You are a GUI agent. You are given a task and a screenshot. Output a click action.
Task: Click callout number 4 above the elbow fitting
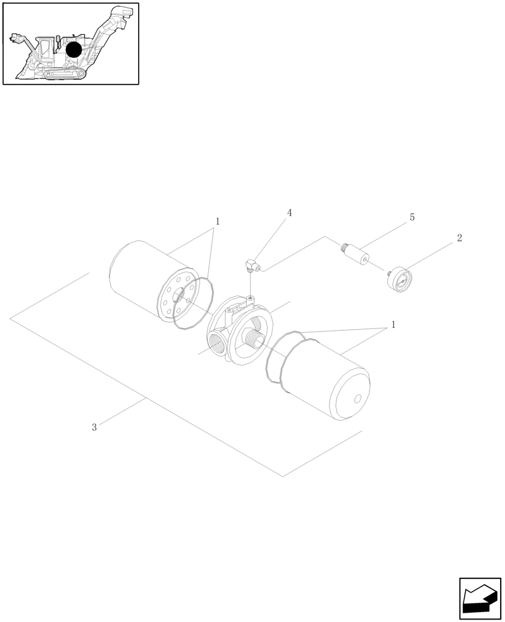coord(289,213)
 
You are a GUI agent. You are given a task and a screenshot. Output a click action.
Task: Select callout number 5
coord(412,218)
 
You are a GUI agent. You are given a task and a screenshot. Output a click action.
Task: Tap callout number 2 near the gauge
coord(459,238)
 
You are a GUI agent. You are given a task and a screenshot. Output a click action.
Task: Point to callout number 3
coord(94,427)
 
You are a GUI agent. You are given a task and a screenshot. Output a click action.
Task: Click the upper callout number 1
coord(217,221)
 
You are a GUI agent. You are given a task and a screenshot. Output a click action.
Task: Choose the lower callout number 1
coord(392,325)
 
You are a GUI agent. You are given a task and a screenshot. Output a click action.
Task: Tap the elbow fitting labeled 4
coord(252,266)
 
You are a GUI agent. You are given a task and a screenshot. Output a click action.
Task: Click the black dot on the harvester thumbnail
coord(73,50)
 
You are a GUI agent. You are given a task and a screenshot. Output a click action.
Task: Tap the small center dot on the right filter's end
coord(358,400)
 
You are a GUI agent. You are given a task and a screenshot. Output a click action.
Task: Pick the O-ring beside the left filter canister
coord(193,303)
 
